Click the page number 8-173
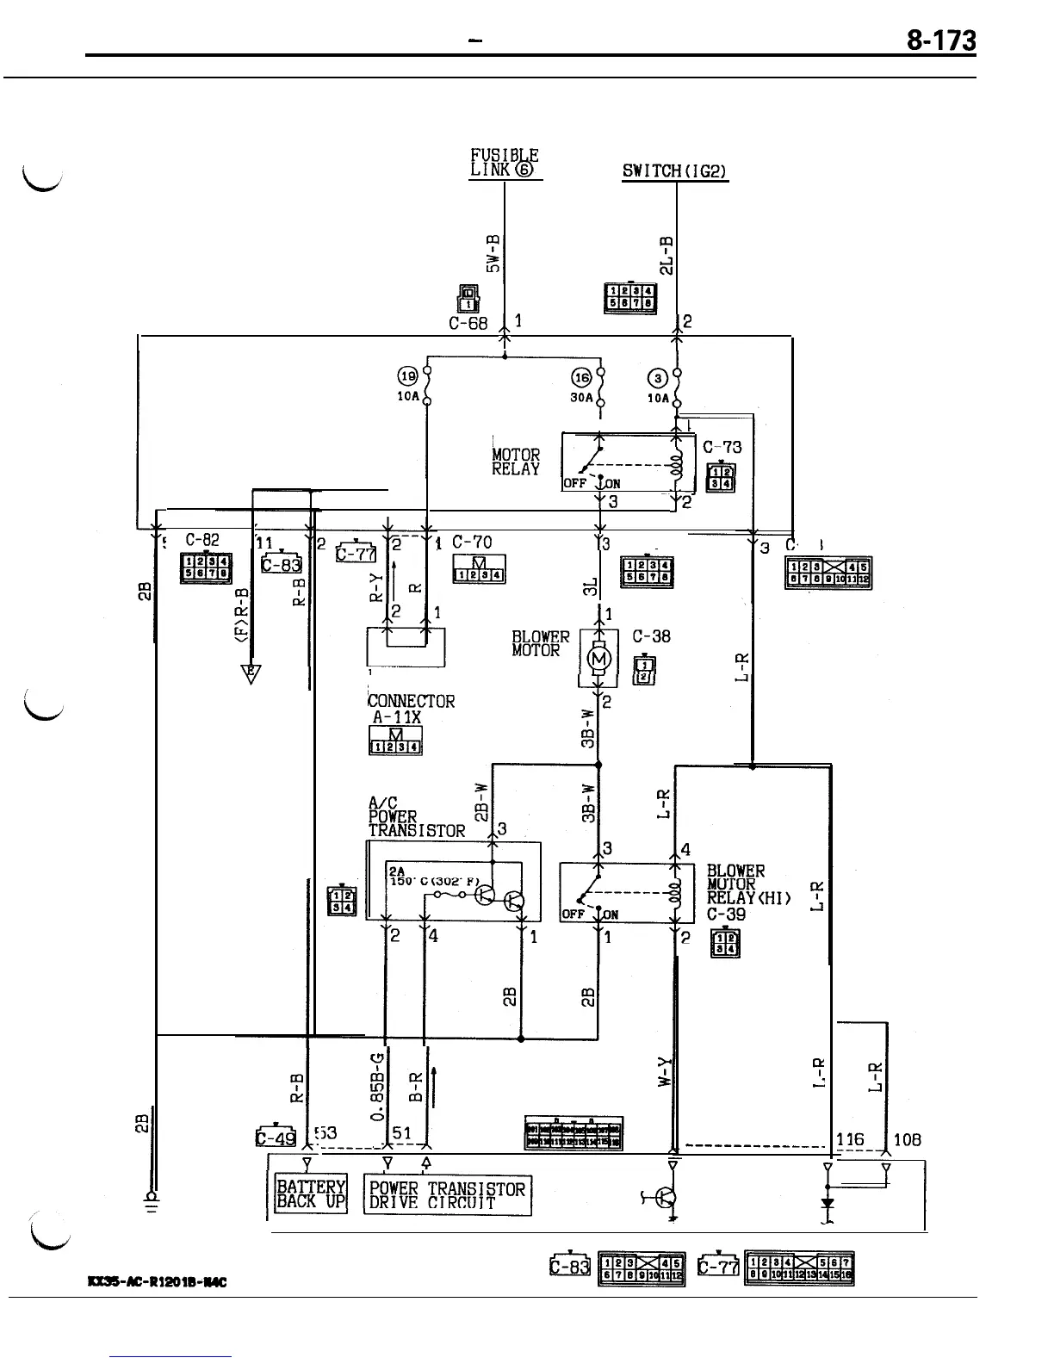(x=940, y=40)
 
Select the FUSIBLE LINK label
(x=505, y=162)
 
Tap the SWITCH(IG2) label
(x=675, y=171)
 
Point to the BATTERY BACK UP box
(x=311, y=1193)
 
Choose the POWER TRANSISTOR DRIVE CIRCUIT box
(x=447, y=1195)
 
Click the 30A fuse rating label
(x=581, y=399)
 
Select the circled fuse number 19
(x=406, y=375)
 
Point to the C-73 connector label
(x=722, y=447)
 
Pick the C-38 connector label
(x=651, y=637)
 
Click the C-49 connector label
(x=276, y=1138)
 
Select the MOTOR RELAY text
(x=516, y=462)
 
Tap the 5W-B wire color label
(x=493, y=251)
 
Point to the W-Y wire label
(x=664, y=1073)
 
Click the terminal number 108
(x=908, y=1139)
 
